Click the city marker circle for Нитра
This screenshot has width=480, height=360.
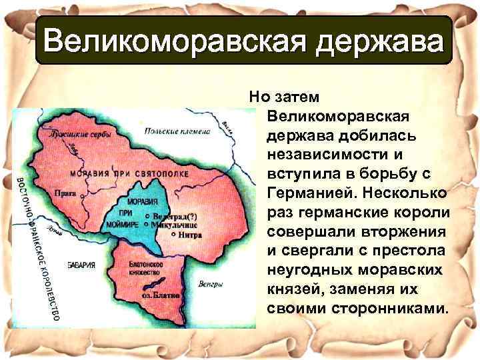pos(173,235)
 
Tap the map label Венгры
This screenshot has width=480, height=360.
pos(211,284)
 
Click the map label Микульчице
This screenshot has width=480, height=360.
pos(174,225)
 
